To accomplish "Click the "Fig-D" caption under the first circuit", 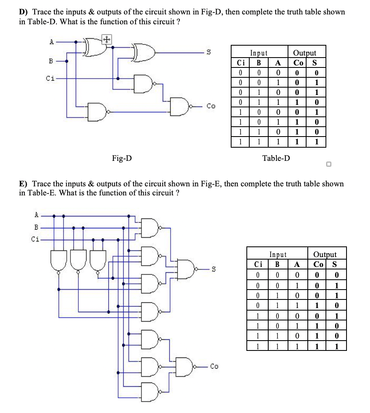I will pyautogui.click(x=122, y=158).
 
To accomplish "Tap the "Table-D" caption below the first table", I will pyautogui.click(x=276, y=158).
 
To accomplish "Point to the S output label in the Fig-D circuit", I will pyautogui.click(x=208, y=52).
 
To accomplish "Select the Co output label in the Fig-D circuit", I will pyautogui.click(x=211, y=106).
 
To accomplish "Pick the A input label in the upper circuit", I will pyautogui.click(x=52, y=42).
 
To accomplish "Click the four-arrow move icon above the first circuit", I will pyautogui.click(x=106, y=39).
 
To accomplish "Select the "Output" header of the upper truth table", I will pyautogui.click(x=304, y=53).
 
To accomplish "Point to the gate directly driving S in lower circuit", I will pyautogui.click(x=188, y=269).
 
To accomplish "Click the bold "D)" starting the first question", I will pyautogui.click(x=24, y=12).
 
